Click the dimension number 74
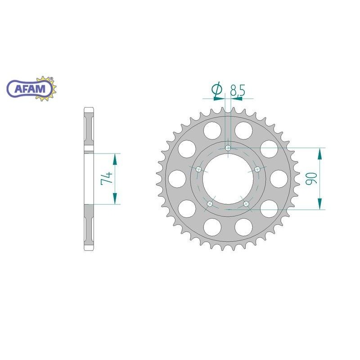coord(107,178)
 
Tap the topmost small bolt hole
coord(228,148)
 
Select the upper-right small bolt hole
coord(257,169)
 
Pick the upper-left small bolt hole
coord(198,169)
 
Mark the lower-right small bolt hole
coord(246,204)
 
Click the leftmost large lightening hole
coord(176,179)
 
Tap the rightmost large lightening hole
coord(279,179)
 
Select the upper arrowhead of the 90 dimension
coord(320,153)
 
